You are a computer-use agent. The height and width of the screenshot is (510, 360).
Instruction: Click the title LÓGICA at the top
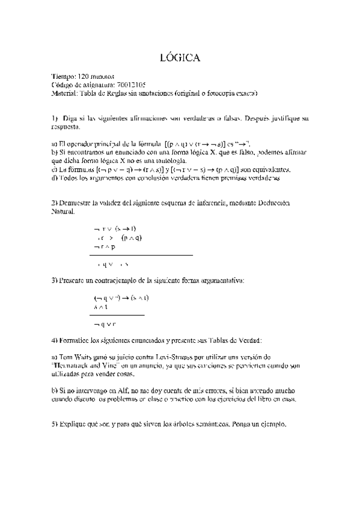pyautogui.click(x=180, y=58)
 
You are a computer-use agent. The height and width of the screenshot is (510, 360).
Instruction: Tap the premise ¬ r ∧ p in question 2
pyautogui.click(x=105, y=247)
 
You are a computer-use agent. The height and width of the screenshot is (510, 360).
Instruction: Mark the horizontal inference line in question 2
pyautogui.click(x=141, y=256)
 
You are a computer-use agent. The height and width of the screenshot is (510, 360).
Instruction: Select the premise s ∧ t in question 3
pyautogui.click(x=100, y=307)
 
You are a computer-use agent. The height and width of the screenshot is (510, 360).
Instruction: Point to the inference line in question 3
pyautogui.click(x=117, y=315)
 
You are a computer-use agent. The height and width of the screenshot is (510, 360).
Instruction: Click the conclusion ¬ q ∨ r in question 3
pyautogui.click(x=105, y=324)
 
